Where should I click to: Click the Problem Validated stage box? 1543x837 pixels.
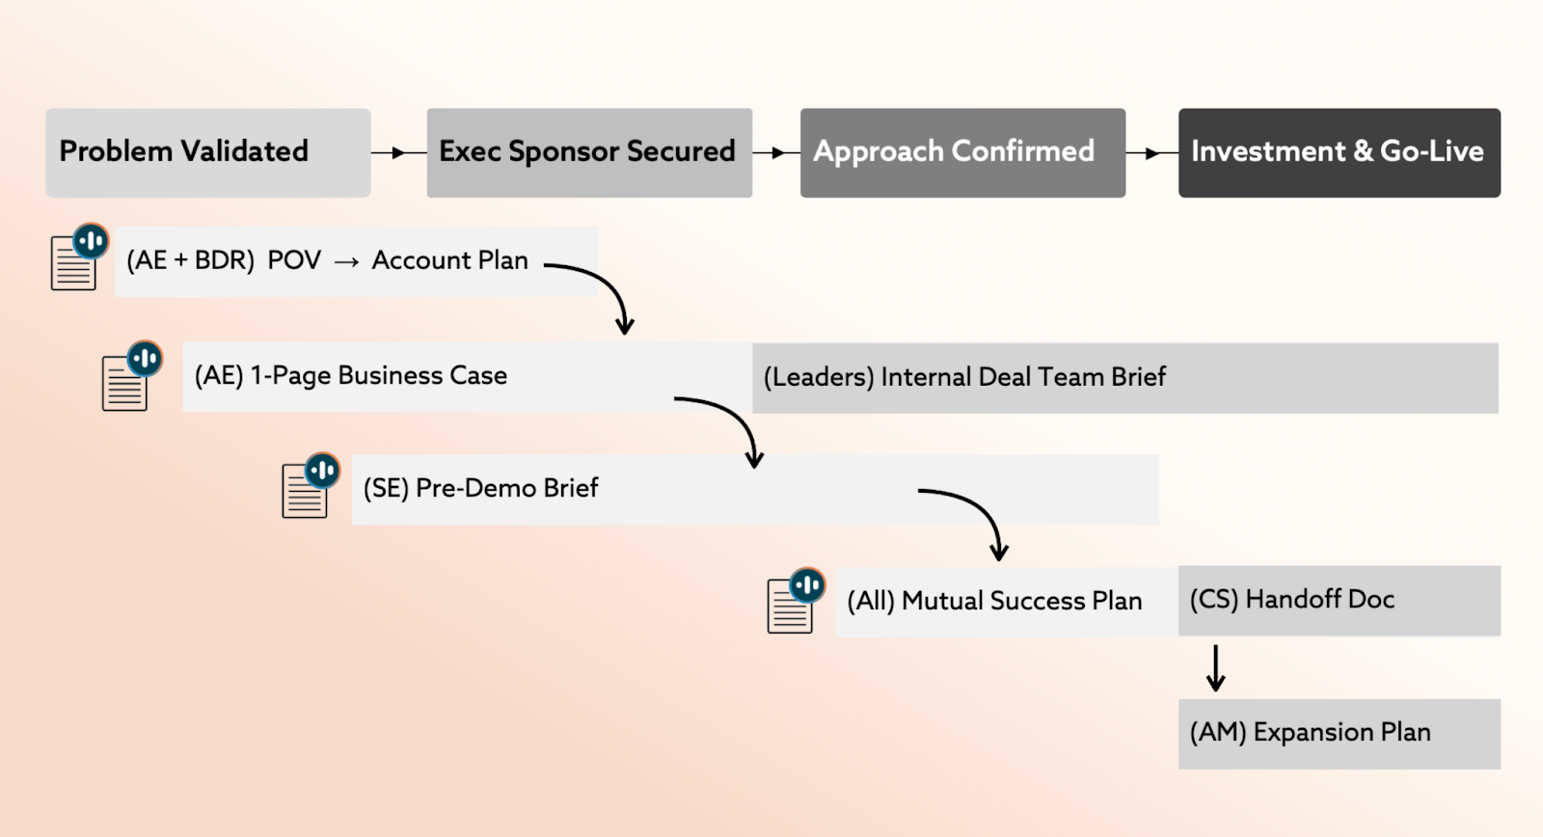pos(208,153)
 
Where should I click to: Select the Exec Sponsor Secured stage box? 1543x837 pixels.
pos(589,153)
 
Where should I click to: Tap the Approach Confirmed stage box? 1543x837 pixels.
pos(963,153)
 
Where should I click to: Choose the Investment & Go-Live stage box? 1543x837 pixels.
pos(1340,153)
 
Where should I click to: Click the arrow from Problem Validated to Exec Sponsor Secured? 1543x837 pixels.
pos(399,152)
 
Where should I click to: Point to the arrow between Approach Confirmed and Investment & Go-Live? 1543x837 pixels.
pos(1151,153)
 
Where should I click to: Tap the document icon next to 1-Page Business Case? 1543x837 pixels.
pos(131,375)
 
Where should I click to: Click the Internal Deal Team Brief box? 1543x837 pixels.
pos(1125,378)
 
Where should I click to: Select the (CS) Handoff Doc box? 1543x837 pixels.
pos(1340,601)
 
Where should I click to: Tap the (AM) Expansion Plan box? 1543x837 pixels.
pos(1340,734)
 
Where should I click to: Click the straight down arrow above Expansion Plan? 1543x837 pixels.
pos(1216,668)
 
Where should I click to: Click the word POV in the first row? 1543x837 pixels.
pos(294,260)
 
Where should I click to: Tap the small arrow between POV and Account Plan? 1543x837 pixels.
pos(346,261)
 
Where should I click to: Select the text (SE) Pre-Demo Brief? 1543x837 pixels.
pos(481,488)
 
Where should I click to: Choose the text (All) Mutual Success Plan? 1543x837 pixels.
pos(994,601)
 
